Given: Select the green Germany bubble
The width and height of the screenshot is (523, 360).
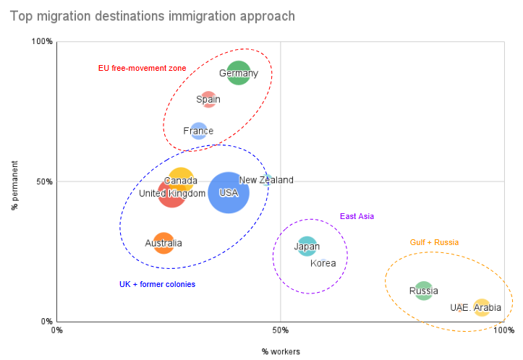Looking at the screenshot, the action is pos(238,72).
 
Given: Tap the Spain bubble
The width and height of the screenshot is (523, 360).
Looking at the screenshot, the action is pos(208,99).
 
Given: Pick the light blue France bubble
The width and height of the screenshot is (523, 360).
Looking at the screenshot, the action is pos(199,131).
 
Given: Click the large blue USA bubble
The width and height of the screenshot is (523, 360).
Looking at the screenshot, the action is pos(229,192).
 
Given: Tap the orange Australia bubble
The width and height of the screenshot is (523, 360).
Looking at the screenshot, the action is pos(163,243).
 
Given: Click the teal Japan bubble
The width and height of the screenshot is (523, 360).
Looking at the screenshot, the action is pos(307,247).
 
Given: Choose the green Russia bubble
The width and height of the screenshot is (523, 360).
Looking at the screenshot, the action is pos(424,291).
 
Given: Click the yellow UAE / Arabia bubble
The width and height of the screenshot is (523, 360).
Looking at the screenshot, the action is pos(482,307).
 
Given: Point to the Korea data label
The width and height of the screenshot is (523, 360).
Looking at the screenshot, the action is pos(323,263).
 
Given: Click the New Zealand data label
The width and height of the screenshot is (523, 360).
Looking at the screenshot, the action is pos(266,180).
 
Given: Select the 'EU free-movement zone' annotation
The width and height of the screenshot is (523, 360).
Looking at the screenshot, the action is pos(142,68).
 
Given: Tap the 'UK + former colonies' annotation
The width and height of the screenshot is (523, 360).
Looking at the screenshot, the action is pos(157,284).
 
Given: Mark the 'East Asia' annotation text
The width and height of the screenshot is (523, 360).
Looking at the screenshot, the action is pos(357,216).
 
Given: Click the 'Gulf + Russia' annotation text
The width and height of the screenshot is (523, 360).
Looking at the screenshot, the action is pos(434,242).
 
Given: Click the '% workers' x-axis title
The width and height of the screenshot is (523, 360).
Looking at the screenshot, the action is pos(281,351).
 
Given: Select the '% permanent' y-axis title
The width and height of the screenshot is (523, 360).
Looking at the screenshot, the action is pos(14,181).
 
